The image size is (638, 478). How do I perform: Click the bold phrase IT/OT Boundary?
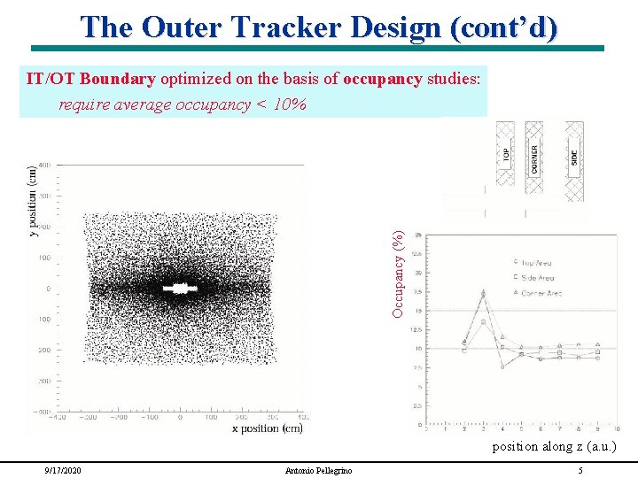90,79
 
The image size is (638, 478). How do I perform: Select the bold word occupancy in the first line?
382,79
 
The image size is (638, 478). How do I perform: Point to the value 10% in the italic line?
289,105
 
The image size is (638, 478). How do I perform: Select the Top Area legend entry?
541,262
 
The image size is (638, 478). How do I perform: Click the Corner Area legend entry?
542,292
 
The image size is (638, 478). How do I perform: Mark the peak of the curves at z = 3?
483,293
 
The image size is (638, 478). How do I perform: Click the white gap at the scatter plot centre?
181,288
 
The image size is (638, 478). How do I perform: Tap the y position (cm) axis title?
33,201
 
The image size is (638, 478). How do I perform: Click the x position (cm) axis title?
267,428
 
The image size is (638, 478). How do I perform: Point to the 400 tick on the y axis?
43,165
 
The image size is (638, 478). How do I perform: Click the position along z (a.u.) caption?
554,446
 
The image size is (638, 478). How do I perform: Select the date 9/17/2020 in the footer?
62,470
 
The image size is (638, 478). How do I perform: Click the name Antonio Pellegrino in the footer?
317,470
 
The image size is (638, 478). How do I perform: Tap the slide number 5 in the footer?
580,470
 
